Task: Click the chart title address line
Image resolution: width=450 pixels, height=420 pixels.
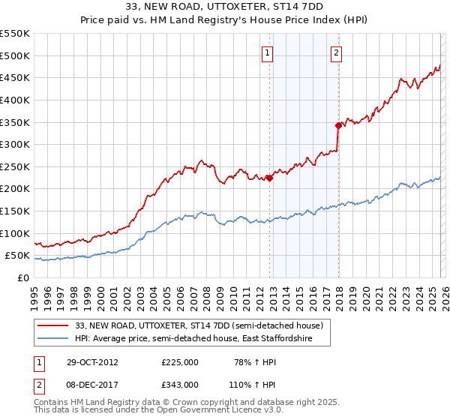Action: click(225, 6)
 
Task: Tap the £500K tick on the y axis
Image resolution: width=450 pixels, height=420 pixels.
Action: click(15, 55)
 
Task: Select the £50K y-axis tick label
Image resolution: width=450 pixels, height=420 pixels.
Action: click(18, 256)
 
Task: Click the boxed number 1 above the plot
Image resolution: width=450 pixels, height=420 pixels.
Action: click(268, 52)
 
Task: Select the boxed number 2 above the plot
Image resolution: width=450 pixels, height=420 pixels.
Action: click(336, 52)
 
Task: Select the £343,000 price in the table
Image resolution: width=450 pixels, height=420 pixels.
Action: click(180, 384)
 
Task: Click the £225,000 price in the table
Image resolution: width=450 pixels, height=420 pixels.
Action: click(180, 361)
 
